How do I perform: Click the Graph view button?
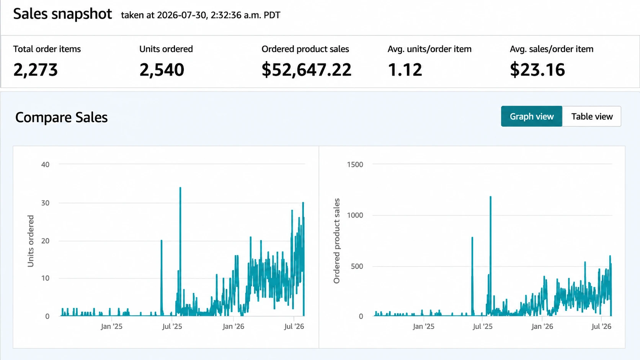531,116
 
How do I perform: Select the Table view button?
592,116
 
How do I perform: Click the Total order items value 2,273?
36,70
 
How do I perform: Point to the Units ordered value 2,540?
162,70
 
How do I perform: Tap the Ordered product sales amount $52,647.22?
306,70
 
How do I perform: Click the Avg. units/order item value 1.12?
405,70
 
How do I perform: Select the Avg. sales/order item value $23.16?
537,70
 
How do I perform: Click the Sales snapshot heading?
62,14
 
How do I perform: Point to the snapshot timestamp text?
201,15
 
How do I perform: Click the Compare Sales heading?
61,117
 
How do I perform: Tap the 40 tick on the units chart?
45,164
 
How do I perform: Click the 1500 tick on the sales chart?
355,164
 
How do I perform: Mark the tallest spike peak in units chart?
180,188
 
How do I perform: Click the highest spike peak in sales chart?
491,197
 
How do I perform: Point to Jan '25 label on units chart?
111,326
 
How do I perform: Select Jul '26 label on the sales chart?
601,326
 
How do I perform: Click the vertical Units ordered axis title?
31,241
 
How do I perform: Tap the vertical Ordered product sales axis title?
336,241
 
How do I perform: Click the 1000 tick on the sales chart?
355,215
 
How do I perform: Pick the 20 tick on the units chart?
45,241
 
